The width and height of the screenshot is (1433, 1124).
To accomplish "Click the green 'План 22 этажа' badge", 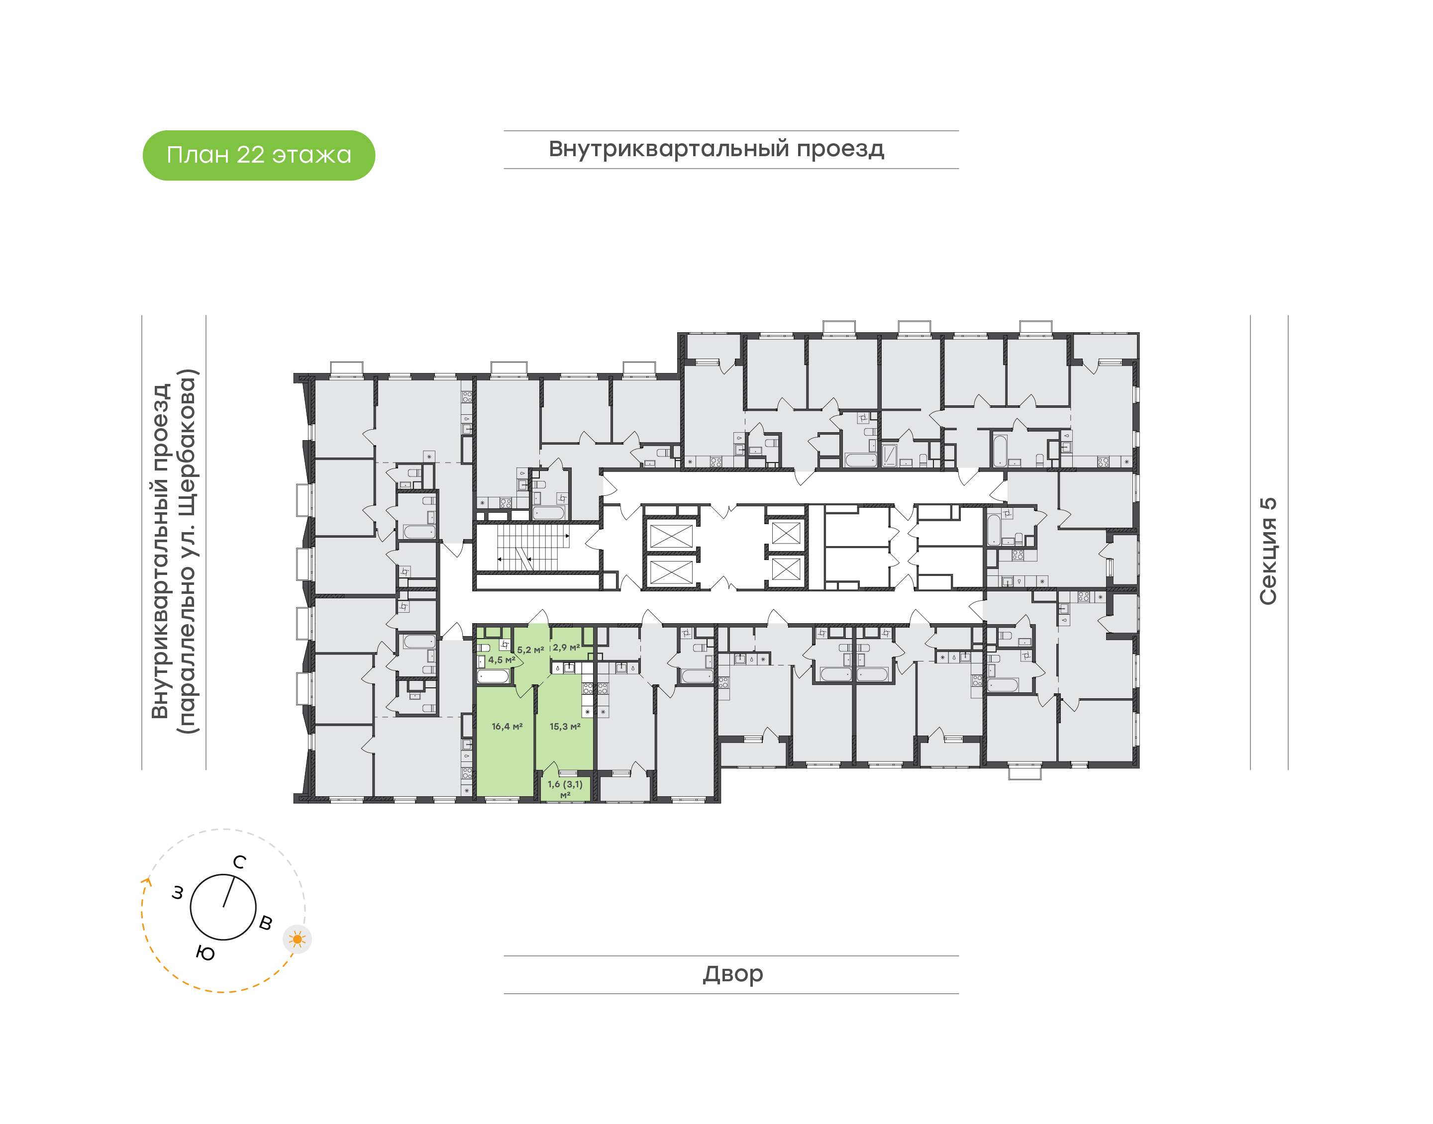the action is click(259, 155).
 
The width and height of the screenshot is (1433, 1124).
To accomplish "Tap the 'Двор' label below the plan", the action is click(732, 974).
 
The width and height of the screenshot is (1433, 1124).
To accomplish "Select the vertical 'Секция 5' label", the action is click(1267, 551).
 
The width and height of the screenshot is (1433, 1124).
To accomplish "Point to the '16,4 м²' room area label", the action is click(507, 727).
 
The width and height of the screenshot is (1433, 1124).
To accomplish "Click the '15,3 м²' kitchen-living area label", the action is click(565, 727).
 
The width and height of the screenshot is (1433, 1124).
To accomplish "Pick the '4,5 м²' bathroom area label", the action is click(501, 659).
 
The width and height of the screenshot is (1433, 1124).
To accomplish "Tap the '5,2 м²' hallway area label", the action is click(530, 650).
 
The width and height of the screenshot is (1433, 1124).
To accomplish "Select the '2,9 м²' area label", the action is click(566, 648).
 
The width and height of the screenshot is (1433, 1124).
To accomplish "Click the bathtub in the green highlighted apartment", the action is click(493, 676).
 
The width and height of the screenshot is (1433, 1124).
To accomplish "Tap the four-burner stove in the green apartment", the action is click(587, 688).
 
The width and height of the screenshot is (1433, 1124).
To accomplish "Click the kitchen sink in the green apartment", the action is click(569, 668).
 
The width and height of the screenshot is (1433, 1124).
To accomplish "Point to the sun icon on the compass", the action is click(298, 939).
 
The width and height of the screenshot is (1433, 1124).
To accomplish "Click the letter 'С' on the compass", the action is click(240, 862).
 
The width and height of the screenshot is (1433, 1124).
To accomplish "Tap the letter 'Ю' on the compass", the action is click(205, 953).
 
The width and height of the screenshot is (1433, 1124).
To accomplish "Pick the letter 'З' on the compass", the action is click(177, 893).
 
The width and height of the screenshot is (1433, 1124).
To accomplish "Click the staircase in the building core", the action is click(532, 548).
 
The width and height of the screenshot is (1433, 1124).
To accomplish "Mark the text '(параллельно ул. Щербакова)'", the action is click(187, 551).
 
